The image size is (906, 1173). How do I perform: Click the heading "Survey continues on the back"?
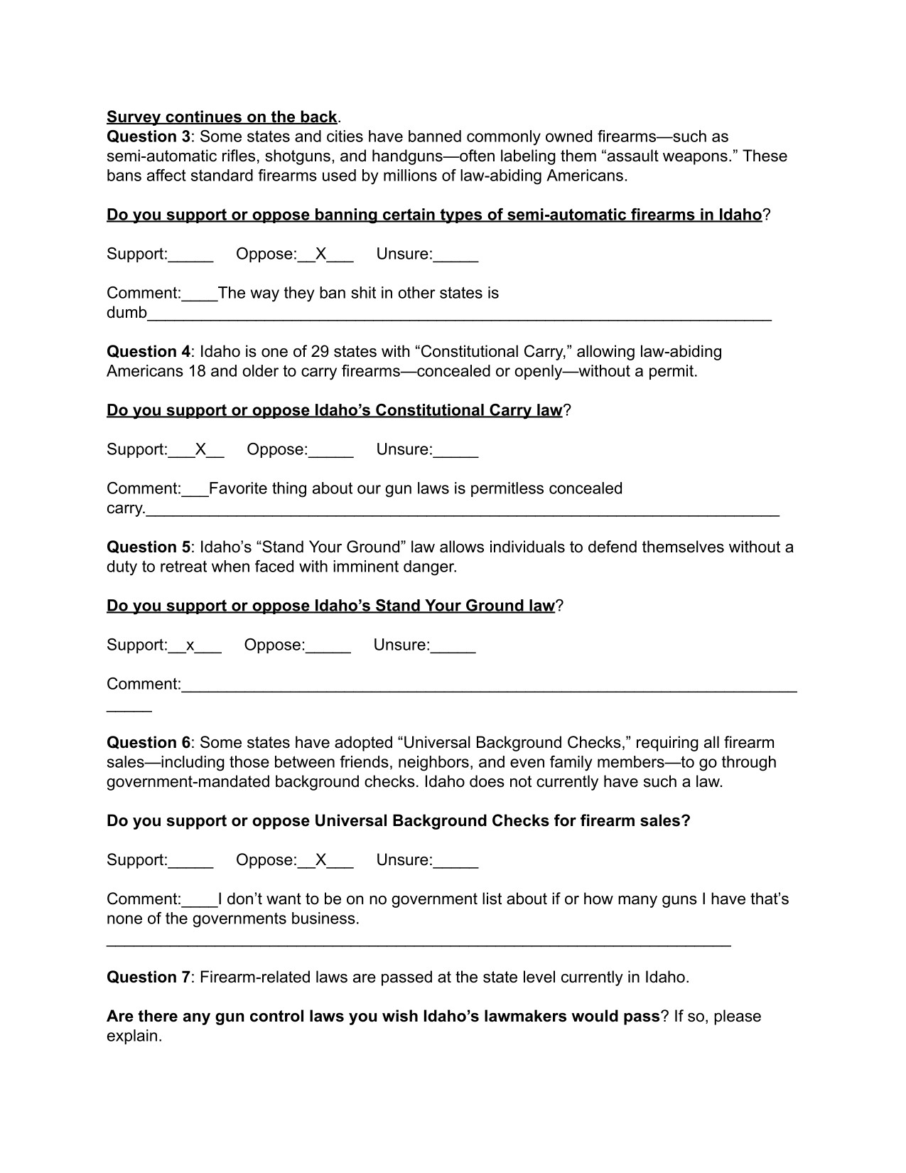pyautogui.click(x=222, y=117)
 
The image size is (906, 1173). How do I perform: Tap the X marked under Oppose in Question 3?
pyautogui.click(x=320, y=254)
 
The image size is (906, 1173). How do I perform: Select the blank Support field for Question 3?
pyautogui.click(x=190, y=255)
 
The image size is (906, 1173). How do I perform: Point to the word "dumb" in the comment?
pyautogui.click(x=126, y=313)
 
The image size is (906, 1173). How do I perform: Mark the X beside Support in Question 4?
pyautogui.click(x=200, y=449)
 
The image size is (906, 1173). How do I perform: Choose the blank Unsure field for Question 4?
pyautogui.click(x=455, y=451)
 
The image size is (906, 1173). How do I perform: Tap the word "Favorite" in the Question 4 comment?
pyautogui.click(x=238, y=488)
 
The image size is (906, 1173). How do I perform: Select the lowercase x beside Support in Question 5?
pyautogui.click(x=190, y=646)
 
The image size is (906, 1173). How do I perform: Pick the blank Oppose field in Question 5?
pyautogui.click(x=328, y=646)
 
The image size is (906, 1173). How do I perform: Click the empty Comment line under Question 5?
pyautogui.click(x=489, y=686)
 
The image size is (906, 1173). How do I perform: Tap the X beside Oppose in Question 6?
pyautogui.click(x=320, y=859)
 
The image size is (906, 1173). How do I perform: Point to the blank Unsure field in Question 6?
pyautogui.click(x=455, y=861)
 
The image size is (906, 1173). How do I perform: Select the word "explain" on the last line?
pyautogui.click(x=132, y=1036)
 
